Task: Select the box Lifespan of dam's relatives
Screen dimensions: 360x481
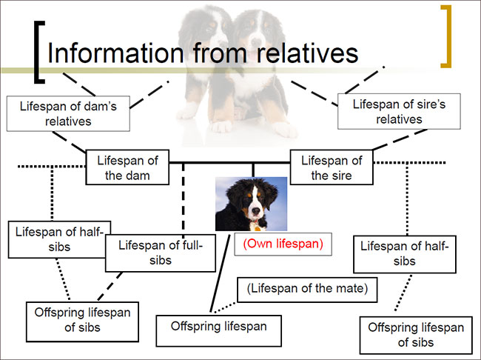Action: (x=68, y=113)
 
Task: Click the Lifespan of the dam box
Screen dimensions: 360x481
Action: (x=127, y=168)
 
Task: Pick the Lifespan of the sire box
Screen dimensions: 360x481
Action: (x=332, y=168)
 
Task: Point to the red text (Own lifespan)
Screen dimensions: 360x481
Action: (x=282, y=244)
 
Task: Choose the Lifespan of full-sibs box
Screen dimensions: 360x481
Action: (x=155, y=253)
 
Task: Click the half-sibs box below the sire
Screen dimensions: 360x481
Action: (x=405, y=253)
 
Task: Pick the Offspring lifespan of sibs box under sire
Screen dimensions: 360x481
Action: (x=415, y=334)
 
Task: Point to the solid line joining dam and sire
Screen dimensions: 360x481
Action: (x=229, y=161)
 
